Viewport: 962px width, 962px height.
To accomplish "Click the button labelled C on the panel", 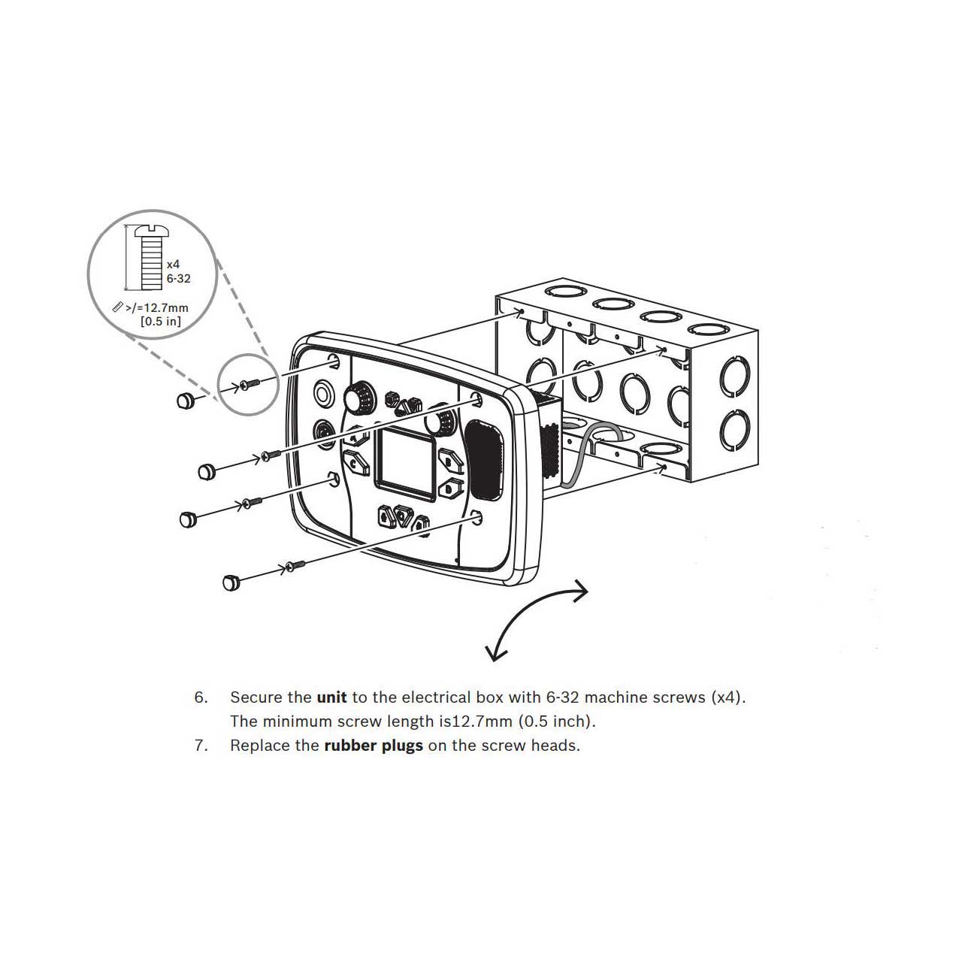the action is pos(356,462).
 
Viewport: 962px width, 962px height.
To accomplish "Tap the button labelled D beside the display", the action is pos(450,487).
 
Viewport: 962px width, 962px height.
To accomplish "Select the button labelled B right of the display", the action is pos(449,460).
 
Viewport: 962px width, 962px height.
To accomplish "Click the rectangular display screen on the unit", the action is pos(405,464).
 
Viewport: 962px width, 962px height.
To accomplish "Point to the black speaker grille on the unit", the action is pos(484,459).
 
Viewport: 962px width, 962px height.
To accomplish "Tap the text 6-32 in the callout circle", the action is pos(178,279).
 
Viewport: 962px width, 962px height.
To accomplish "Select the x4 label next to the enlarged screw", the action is pos(173,264).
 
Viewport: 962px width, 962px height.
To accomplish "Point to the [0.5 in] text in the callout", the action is pos(161,321).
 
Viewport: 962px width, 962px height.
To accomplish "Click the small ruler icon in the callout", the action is pos(118,307).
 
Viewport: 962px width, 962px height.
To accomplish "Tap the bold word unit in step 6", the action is pos(332,697).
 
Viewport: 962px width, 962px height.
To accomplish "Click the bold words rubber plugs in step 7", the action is pos(374,746).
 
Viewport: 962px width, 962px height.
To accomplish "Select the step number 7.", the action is pos(201,746).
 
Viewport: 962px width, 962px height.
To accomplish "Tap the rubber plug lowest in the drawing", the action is pos(231,582).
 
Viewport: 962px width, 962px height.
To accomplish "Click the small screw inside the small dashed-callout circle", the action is pos(250,383).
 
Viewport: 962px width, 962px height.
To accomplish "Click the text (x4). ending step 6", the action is pos(728,697).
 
